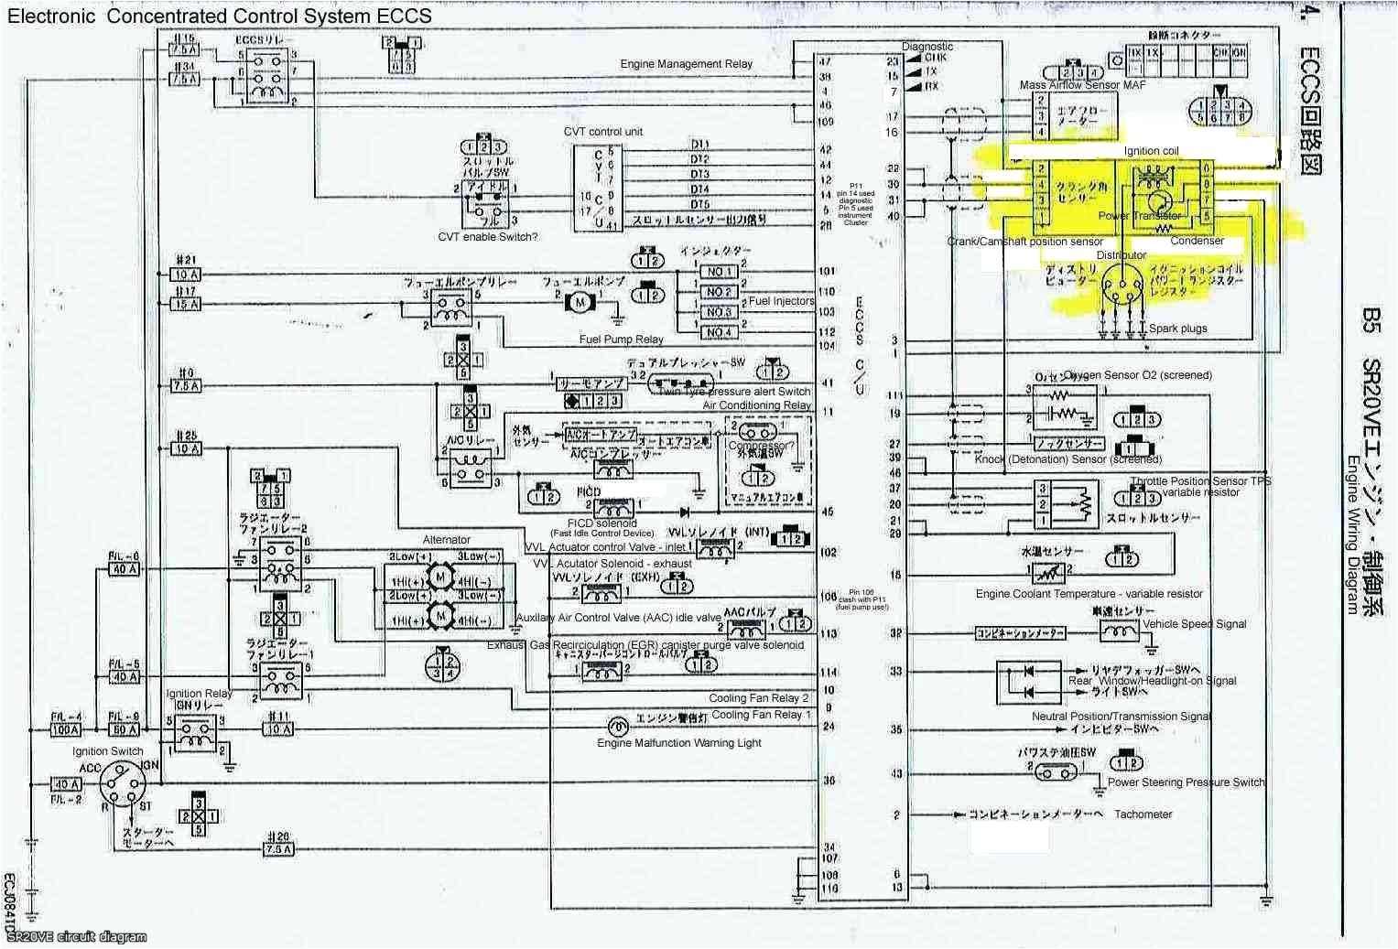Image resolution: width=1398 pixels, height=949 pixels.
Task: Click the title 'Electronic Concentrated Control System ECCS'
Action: pyautogui.click(x=220, y=16)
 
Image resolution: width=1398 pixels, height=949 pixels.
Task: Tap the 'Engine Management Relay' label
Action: pyautogui.click(x=686, y=64)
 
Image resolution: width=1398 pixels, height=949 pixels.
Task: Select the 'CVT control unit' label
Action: pyautogui.click(x=602, y=132)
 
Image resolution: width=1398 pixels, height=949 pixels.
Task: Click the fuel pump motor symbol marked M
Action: pyautogui.click(x=580, y=301)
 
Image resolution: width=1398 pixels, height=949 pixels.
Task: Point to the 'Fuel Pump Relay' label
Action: pyautogui.click(x=621, y=340)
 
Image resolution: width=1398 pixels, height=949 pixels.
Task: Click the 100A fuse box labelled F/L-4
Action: pyautogui.click(x=66, y=730)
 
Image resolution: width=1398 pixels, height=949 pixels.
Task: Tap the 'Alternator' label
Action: pyautogui.click(x=446, y=540)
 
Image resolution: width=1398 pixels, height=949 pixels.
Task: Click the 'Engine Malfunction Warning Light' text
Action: pyautogui.click(x=678, y=743)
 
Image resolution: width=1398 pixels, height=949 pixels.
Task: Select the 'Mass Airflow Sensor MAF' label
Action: pyautogui.click(x=1082, y=85)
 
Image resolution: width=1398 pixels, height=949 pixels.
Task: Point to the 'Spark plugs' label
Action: pyautogui.click(x=1177, y=329)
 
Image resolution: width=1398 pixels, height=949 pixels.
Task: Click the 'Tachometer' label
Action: pyautogui.click(x=1143, y=814)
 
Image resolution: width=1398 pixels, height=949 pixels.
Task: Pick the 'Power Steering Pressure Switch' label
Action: pyautogui.click(x=1186, y=782)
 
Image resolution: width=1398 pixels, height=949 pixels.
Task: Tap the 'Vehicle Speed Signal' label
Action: pyautogui.click(x=1194, y=624)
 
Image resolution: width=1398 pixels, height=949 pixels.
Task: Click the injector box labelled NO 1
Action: pyautogui.click(x=719, y=272)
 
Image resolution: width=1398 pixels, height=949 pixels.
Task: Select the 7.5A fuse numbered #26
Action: pyautogui.click(x=277, y=849)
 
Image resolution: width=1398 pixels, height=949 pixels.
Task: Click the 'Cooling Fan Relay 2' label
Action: pyautogui.click(x=759, y=698)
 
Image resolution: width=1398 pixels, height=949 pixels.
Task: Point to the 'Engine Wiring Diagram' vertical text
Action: pyautogui.click(x=1352, y=534)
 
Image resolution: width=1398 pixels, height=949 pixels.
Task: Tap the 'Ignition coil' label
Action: pyautogui.click(x=1151, y=151)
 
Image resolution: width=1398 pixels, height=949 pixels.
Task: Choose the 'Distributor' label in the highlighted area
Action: pyautogui.click(x=1121, y=255)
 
